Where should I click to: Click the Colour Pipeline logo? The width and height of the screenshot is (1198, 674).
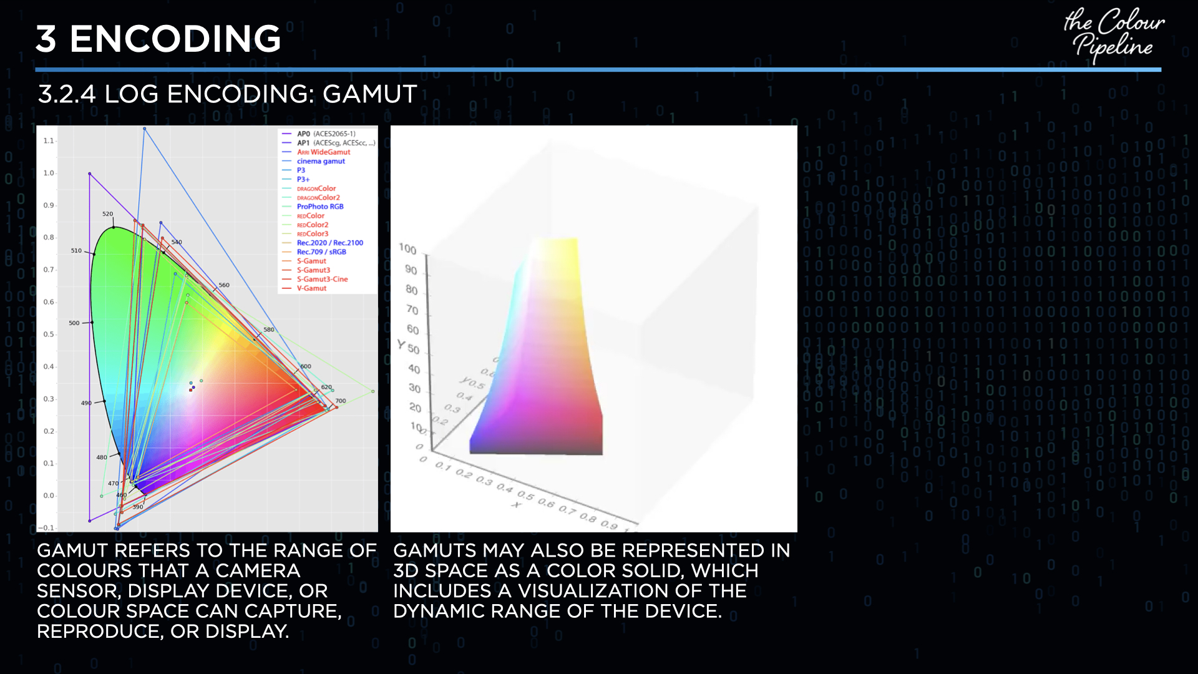1113,35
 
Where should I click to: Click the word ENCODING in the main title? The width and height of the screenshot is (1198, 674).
175,39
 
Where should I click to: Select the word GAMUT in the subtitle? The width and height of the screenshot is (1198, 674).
369,94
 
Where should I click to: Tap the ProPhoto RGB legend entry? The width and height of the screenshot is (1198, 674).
319,207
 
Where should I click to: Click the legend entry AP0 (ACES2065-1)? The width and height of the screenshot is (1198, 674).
326,134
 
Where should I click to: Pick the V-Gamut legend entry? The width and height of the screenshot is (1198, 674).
311,288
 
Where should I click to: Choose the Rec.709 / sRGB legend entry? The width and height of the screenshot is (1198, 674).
321,252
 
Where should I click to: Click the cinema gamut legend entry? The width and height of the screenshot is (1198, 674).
320,161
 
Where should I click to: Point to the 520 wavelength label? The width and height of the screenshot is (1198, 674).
107,214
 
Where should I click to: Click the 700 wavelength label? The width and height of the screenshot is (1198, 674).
340,401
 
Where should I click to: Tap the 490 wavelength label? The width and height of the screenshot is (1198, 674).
86,403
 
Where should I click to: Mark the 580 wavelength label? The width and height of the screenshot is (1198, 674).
268,330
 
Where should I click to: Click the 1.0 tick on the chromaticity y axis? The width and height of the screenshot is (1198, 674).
49,173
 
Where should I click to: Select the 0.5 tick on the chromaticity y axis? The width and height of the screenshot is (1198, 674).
49,335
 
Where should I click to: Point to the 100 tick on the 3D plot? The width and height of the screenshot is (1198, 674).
407,249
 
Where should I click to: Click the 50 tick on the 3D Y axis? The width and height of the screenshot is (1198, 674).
413,349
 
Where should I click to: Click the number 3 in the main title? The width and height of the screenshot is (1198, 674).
46,39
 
